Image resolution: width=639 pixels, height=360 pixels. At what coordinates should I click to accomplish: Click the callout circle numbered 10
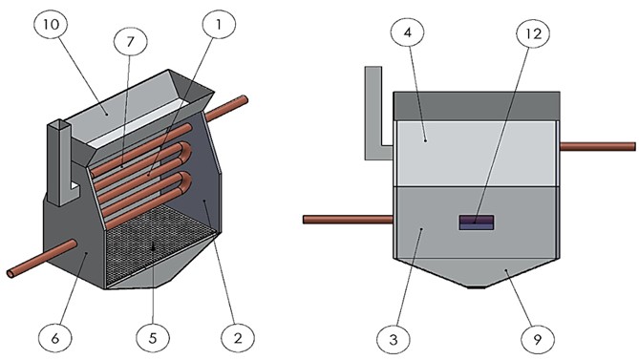coord(51,25)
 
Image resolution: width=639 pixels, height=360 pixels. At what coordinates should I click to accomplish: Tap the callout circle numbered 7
coord(131,42)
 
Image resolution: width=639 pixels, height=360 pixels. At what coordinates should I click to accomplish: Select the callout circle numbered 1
coord(219,25)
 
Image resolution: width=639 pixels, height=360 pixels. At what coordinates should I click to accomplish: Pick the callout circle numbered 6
coord(55,338)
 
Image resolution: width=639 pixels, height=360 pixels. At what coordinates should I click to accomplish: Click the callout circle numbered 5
coord(153,338)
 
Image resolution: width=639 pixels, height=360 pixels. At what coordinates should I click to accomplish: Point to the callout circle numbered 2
coord(238,338)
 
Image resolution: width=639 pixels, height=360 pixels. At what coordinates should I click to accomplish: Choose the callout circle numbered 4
coord(408,32)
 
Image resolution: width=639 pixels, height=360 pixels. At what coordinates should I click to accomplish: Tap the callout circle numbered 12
coord(533,33)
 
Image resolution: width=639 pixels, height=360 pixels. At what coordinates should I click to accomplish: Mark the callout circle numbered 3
coord(394,339)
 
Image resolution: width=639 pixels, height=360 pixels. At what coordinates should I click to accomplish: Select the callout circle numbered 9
coord(538,339)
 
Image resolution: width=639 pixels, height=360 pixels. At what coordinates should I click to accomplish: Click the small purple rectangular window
coord(477,222)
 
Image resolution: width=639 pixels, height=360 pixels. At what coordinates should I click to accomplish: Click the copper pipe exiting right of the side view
coord(597,147)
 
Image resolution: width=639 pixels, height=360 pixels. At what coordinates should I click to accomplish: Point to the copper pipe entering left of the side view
coord(349,220)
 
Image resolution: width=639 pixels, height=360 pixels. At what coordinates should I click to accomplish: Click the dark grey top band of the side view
coord(477,106)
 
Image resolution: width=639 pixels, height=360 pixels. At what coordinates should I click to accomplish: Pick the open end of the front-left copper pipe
coord(11,273)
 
